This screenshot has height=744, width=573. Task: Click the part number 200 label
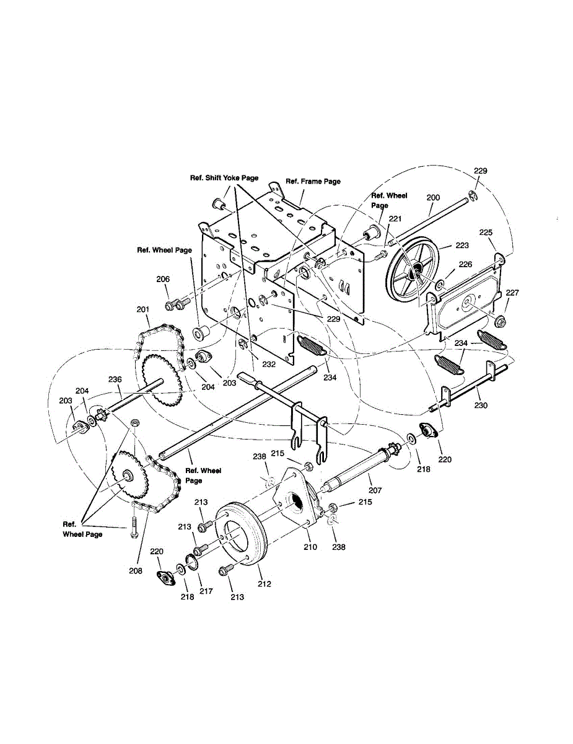pos(433,197)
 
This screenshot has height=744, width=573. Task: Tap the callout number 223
pos(462,246)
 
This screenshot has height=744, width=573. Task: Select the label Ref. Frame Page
pos(313,182)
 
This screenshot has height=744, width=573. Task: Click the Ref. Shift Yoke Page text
pos(224,178)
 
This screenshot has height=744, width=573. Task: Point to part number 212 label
pos(265,583)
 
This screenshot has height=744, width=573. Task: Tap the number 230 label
pos(481,405)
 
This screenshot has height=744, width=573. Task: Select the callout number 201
pos(143,309)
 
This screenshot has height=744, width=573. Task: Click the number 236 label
pos(115,379)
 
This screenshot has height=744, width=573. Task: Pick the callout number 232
pos(268,365)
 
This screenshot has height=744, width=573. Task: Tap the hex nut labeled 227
pos(501,321)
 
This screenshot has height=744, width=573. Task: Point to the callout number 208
pos(136,570)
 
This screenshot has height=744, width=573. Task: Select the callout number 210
pos(310,547)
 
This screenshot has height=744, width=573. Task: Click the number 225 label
pos(486,232)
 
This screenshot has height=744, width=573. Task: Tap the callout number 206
pos(163,280)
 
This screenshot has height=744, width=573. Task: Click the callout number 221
pos(395,218)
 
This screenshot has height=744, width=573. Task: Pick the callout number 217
pos(206,591)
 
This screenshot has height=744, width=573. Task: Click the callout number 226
pos(465,265)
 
